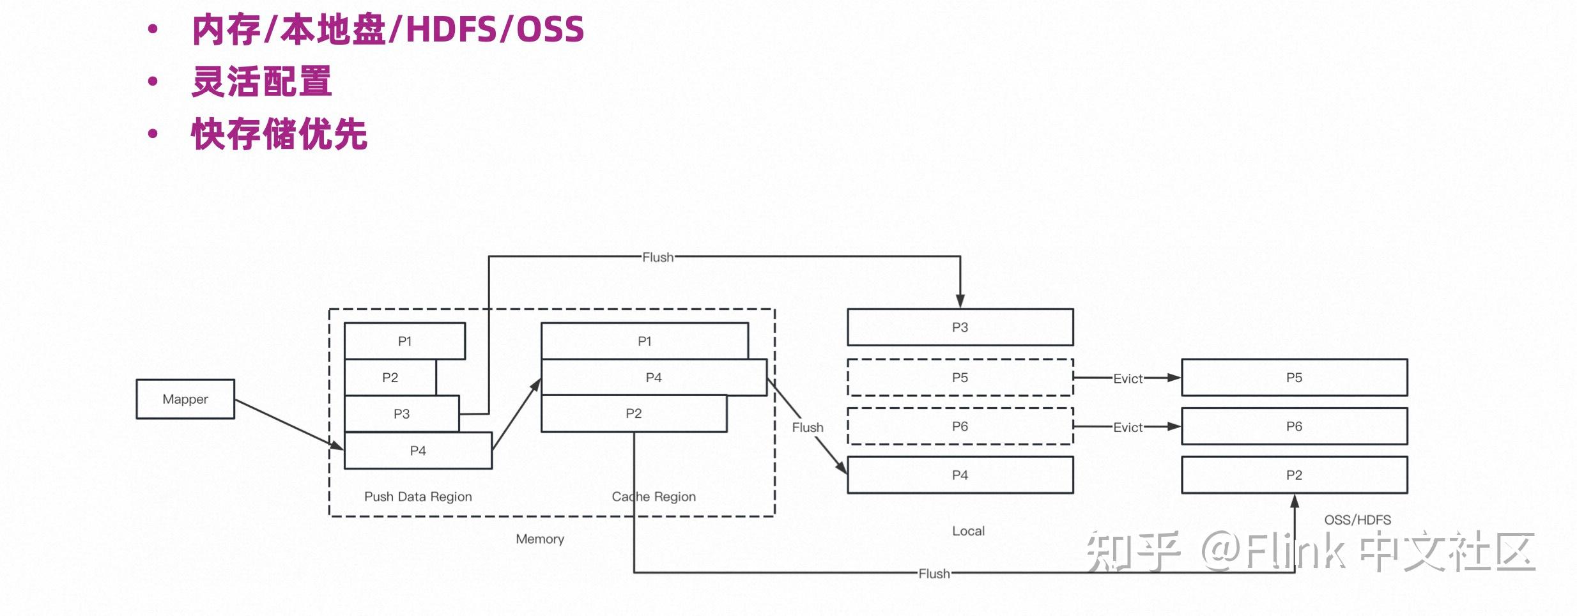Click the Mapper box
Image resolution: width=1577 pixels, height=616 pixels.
[x=185, y=399]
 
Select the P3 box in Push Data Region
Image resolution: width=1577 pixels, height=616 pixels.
[x=401, y=413]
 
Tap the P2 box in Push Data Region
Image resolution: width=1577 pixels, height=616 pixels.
[x=390, y=377]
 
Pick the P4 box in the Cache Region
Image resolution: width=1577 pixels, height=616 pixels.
[x=653, y=377]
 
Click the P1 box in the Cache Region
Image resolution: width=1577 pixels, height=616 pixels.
[x=644, y=341]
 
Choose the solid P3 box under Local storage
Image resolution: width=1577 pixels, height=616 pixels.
[x=960, y=327]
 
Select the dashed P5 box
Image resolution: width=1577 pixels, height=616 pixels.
[x=960, y=377]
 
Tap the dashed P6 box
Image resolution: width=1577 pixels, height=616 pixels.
[x=960, y=426]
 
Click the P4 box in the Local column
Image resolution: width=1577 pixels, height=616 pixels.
[x=960, y=475]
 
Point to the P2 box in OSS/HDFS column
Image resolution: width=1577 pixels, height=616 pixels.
[x=1294, y=475]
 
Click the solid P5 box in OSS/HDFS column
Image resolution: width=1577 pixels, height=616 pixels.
[x=1294, y=377]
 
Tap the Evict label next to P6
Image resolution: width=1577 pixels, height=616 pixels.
[x=1128, y=427]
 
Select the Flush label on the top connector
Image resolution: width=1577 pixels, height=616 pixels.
[x=658, y=257]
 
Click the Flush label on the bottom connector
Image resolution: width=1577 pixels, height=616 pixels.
[x=934, y=573]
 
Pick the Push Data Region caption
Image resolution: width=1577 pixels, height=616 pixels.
[x=418, y=497]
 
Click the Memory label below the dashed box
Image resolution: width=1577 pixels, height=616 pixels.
[x=540, y=539]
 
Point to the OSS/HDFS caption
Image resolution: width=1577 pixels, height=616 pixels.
[x=1357, y=520]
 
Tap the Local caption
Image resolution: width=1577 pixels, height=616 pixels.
[x=968, y=530]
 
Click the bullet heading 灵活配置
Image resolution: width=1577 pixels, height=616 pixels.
[x=262, y=82]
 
